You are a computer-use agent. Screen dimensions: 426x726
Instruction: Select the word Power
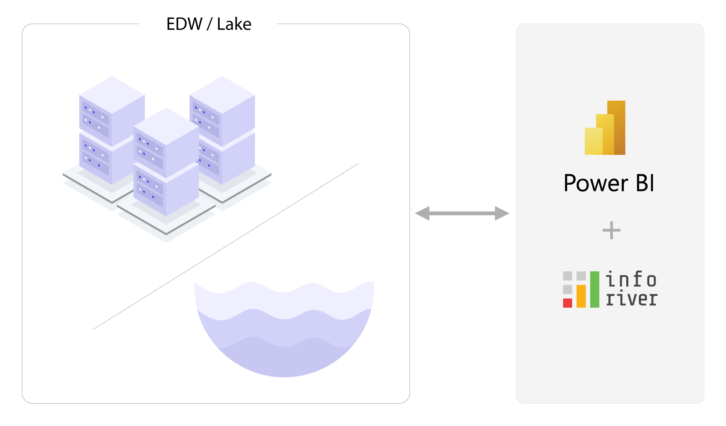tap(596, 183)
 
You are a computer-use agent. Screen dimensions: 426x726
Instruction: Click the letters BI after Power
tap(645, 183)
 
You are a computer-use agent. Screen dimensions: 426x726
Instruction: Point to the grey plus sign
tap(611, 230)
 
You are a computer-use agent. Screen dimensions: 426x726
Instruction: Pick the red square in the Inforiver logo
tap(568, 303)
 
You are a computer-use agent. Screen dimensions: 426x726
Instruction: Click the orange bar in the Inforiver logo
tap(581, 296)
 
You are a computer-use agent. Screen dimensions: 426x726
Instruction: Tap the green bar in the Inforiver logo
tap(594, 289)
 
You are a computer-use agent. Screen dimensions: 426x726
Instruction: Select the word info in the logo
tap(631, 280)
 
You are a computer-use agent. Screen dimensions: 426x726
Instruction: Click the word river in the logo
tap(631, 299)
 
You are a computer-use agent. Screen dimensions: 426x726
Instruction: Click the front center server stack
tap(166, 164)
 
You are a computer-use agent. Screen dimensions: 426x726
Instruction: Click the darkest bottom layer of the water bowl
tap(285, 361)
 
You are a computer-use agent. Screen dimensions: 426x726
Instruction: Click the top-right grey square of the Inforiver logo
tap(581, 276)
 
